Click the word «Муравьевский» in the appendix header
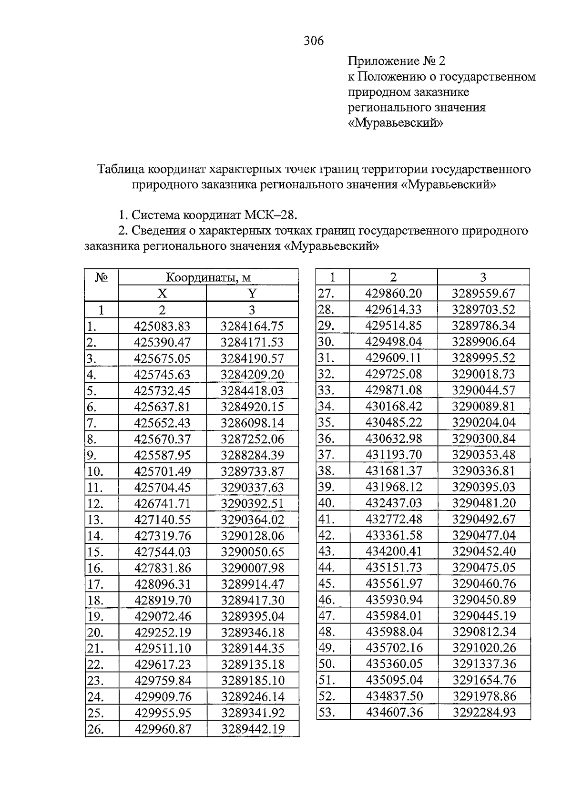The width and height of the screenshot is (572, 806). (x=396, y=123)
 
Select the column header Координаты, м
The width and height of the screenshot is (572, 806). (x=208, y=277)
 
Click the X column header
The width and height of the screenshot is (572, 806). (x=162, y=294)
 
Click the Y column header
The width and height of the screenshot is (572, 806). (x=252, y=294)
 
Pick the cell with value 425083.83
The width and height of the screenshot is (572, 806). (x=162, y=326)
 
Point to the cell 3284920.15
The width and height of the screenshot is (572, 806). (x=252, y=407)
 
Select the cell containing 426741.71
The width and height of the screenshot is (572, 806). (x=162, y=504)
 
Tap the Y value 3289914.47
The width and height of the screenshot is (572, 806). (x=252, y=584)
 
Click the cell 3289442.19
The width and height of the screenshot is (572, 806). (x=252, y=729)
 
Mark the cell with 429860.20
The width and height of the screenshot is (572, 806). (x=393, y=294)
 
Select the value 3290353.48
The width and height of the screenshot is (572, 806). (x=483, y=455)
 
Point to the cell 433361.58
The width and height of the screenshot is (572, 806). (x=393, y=535)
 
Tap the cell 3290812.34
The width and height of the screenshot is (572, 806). (x=483, y=632)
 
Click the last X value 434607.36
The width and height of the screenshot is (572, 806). (x=393, y=713)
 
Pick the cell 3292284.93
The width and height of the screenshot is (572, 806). (x=483, y=713)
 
